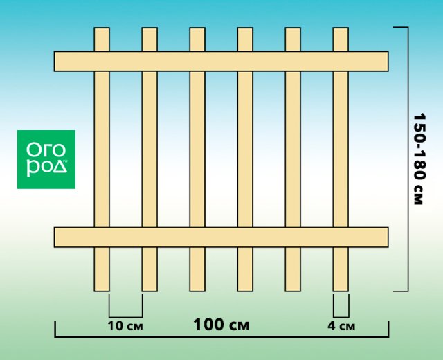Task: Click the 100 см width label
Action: [221, 324]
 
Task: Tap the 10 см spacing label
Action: [125, 325]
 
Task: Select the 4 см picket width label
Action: [341, 325]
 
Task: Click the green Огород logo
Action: [46, 159]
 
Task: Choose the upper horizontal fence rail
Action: [221, 61]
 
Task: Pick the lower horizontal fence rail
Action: [221, 237]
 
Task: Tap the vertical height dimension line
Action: [407, 159]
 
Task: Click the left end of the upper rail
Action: [60, 61]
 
